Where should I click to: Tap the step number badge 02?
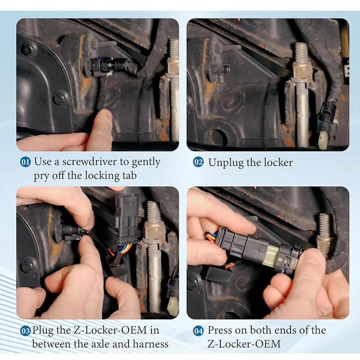tap(198, 162)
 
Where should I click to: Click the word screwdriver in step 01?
tap(95, 162)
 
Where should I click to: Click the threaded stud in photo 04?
tap(325, 225)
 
